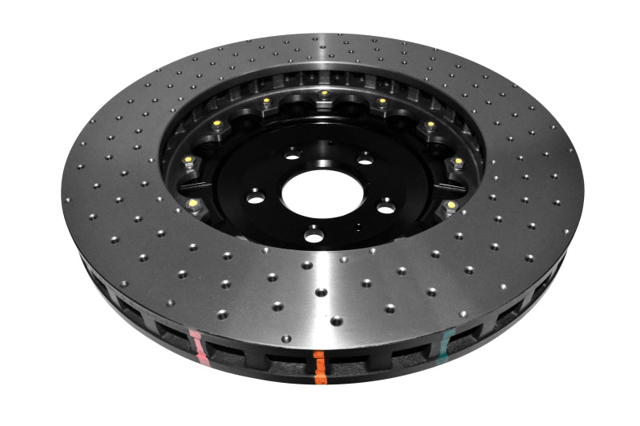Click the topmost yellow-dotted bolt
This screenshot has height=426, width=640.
(x=323, y=94)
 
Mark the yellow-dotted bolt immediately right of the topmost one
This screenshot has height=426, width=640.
(x=382, y=102)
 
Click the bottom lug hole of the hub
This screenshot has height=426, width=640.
(x=314, y=234)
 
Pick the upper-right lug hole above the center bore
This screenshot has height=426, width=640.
(x=365, y=159)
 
